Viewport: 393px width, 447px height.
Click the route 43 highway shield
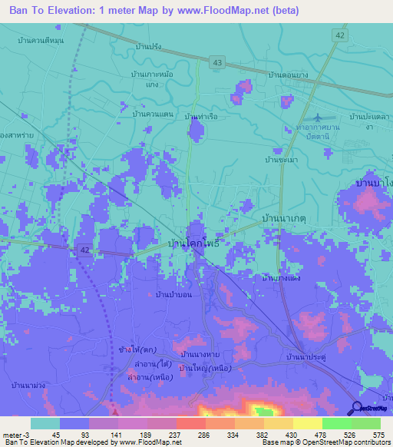pyautogui.click(x=219, y=61)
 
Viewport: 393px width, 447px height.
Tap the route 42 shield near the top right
pyautogui.click(x=340, y=35)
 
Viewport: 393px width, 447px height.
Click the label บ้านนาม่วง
pyautogui.click(x=30, y=384)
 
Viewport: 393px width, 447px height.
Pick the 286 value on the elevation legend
pyautogui.click(x=203, y=434)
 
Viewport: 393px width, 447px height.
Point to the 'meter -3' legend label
pyautogui.click(x=15, y=434)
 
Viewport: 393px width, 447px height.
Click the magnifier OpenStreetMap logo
pyautogui.click(x=356, y=408)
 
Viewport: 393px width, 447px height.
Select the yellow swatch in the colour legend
pyautogui.click(x=308, y=423)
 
